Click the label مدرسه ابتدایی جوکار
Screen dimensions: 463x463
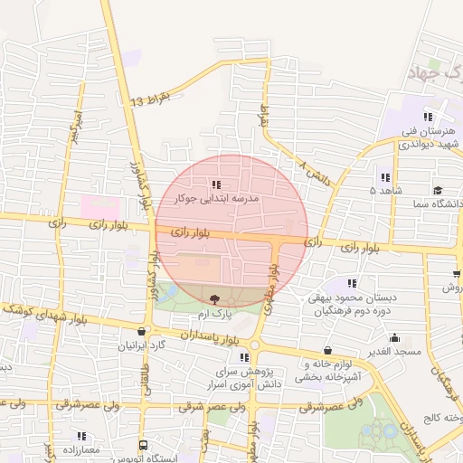coord(221,196)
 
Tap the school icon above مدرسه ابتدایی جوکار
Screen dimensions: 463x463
coord(215,184)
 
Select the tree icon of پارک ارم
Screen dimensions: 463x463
coord(214,299)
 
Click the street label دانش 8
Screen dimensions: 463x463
coord(316,169)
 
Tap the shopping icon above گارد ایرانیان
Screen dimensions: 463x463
coord(144,332)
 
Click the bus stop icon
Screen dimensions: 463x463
coord(144,446)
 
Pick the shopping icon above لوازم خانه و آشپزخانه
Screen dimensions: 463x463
coord(326,351)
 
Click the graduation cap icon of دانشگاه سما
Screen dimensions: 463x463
coord(439,191)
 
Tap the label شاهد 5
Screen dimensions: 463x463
coord(386,191)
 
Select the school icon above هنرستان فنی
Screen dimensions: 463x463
coord(428,117)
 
